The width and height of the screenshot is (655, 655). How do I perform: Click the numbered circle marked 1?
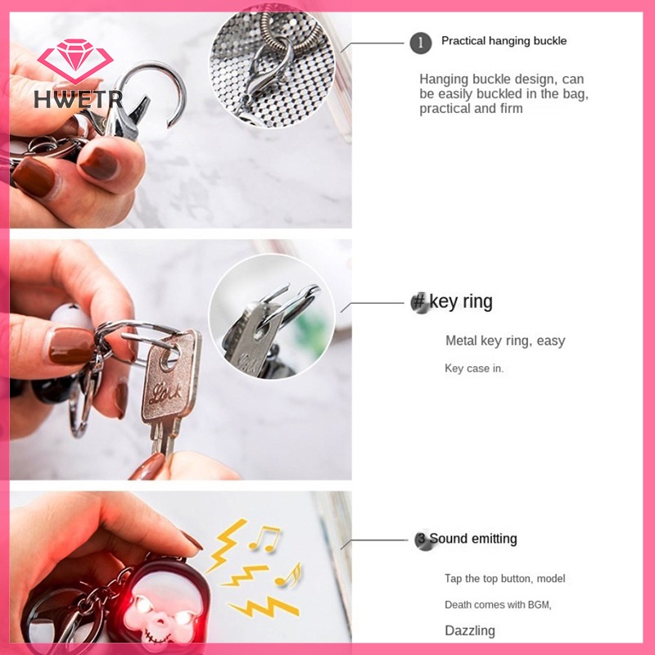[x=420, y=43]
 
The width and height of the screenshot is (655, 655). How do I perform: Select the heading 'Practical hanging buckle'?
[x=504, y=41]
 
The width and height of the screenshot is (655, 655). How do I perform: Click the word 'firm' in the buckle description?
[x=509, y=109]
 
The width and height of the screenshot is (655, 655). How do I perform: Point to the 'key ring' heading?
[x=461, y=301]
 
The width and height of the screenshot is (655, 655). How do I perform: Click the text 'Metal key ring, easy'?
[x=505, y=341]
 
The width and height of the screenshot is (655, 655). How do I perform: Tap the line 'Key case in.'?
[x=474, y=368]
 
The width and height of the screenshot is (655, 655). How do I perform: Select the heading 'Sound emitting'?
[x=473, y=539]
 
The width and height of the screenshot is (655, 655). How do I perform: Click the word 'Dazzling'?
[x=470, y=630]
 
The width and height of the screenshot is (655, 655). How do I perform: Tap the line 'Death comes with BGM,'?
[x=498, y=605]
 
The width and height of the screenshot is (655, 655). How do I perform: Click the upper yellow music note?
[x=264, y=538]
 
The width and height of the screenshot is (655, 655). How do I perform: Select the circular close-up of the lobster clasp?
[x=273, y=65]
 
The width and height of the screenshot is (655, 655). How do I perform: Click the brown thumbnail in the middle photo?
[x=71, y=346]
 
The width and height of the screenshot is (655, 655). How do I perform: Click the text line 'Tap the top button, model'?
[x=504, y=579]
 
